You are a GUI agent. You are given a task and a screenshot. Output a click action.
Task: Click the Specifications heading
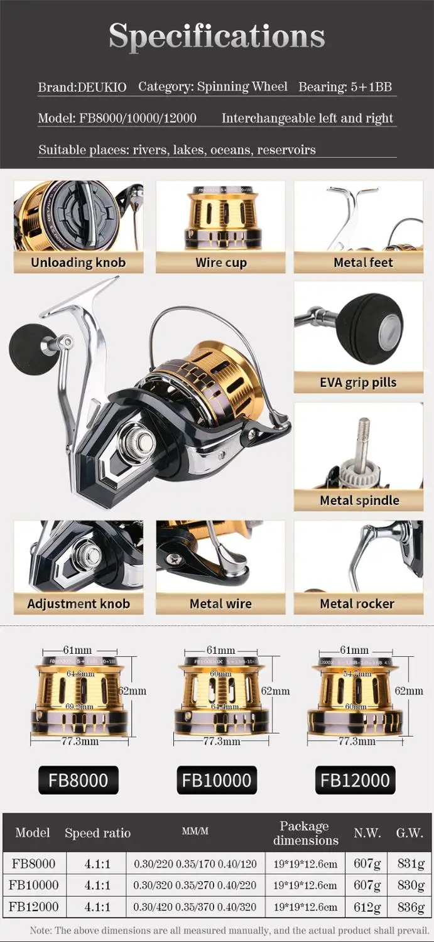(x=217, y=36)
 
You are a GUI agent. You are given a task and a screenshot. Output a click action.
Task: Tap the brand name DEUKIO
(x=102, y=87)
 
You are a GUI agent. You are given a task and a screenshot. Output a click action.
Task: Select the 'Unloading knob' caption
(x=79, y=263)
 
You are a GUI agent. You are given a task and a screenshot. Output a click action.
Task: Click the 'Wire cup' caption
(x=220, y=263)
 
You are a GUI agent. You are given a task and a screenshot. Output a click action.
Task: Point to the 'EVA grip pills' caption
(x=358, y=382)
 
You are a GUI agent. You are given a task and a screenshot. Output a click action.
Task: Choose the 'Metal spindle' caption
(x=359, y=501)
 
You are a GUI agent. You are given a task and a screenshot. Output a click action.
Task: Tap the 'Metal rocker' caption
(x=357, y=604)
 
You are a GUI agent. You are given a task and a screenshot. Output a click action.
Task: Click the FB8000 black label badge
(x=79, y=781)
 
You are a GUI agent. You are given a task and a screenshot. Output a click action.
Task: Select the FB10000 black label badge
(x=217, y=781)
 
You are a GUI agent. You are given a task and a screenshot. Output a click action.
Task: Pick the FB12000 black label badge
(x=355, y=781)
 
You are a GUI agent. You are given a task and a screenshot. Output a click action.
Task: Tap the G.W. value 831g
(x=411, y=863)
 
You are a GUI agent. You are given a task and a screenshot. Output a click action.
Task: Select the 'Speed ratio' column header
(x=97, y=833)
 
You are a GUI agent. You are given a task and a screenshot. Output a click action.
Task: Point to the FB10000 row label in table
(x=33, y=885)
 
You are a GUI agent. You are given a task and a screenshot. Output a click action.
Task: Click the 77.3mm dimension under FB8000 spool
(x=79, y=741)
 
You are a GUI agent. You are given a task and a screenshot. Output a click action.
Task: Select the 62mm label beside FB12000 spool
(x=409, y=690)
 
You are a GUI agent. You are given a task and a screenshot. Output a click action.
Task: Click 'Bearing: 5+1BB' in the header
(x=345, y=87)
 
